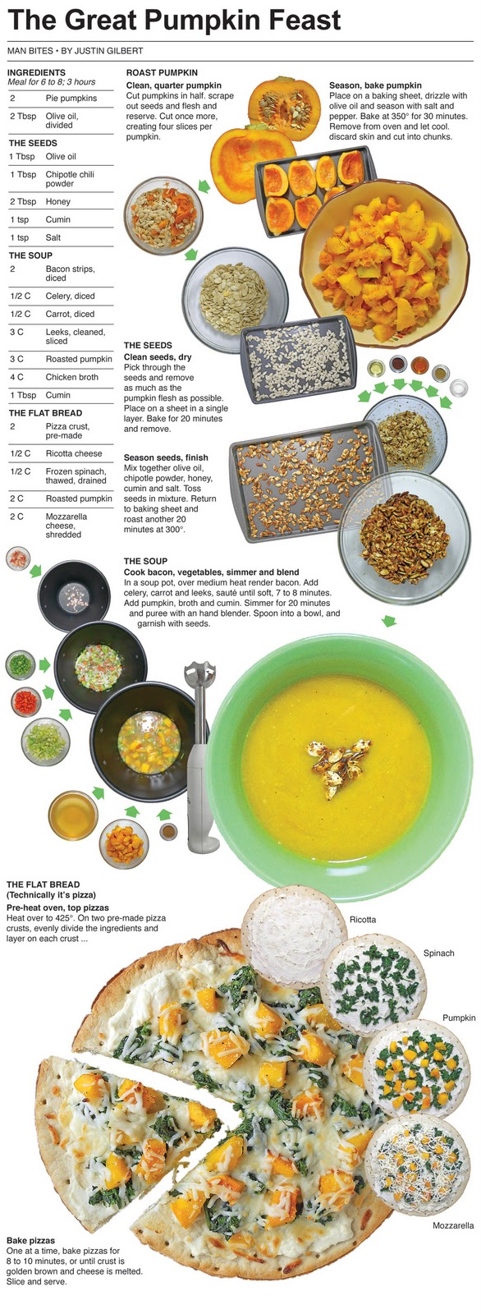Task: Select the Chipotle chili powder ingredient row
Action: pyautogui.click(x=61, y=179)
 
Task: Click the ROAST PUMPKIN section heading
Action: pyautogui.click(x=162, y=73)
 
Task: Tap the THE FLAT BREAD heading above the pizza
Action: pyautogui.click(x=44, y=884)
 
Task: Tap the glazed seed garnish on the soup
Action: pyautogui.click(x=338, y=763)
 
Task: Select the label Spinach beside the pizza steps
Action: pyautogui.click(x=439, y=953)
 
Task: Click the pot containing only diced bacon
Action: pyautogui.click(x=74, y=596)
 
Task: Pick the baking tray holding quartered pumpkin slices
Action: pyautogui.click(x=315, y=191)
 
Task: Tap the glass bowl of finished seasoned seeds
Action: pyautogui.click(x=404, y=537)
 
